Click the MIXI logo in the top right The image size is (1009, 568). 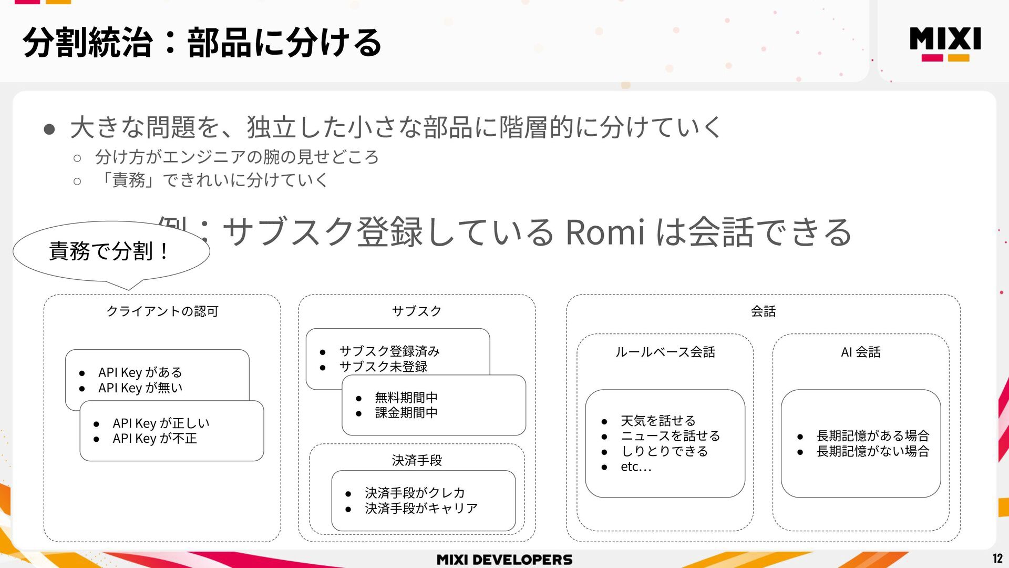[945, 43]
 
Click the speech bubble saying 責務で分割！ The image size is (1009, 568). [109, 251]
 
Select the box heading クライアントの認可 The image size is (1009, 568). [162, 311]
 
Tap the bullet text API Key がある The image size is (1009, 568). [140, 372]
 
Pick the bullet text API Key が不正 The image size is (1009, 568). [155, 439]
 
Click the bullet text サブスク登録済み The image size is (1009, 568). [389, 351]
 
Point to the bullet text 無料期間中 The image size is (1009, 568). [406, 397]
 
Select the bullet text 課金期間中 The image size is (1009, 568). [406, 413]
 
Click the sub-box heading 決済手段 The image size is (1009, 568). [417, 460]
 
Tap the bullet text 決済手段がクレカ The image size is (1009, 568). [415, 493]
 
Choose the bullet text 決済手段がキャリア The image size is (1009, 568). [421, 509]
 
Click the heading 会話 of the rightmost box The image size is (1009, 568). [763, 311]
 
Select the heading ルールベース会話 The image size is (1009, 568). [665, 352]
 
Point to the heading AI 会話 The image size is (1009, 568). [860, 352]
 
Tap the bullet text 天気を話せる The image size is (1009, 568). [658, 421]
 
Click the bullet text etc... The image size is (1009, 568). [635, 466]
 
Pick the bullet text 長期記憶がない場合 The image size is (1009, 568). [872, 451]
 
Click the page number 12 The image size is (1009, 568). [997, 559]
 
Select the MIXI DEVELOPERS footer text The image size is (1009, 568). [504, 560]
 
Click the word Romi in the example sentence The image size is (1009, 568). [604, 232]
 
